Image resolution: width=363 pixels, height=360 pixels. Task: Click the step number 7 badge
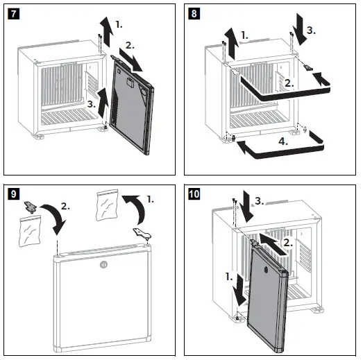tap(13, 14)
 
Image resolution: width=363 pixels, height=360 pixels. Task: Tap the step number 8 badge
tap(194, 14)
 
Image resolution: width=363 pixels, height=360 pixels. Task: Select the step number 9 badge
tap(14, 194)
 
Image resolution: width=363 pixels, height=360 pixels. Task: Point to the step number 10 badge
tap(194, 194)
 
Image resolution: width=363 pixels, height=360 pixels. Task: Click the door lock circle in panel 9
tap(103, 264)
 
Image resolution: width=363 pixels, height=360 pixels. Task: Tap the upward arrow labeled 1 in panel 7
tap(106, 31)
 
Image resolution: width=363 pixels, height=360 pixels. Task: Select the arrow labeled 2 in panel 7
tap(130, 60)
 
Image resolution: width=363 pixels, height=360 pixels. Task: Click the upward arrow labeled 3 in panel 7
tap(103, 102)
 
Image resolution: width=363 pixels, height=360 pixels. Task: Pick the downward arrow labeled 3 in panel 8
tap(300, 29)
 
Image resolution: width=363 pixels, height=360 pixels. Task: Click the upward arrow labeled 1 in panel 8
tap(232, 44)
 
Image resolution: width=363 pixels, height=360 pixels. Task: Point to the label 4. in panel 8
tap(283, 141)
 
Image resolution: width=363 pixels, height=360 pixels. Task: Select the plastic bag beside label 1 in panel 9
tap(107, 205)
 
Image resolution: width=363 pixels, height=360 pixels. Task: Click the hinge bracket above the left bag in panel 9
tap(31, 207)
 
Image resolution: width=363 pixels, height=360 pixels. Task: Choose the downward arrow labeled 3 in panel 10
tap(246, 207)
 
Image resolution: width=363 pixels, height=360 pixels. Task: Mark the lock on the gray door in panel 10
tap(266, 270)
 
